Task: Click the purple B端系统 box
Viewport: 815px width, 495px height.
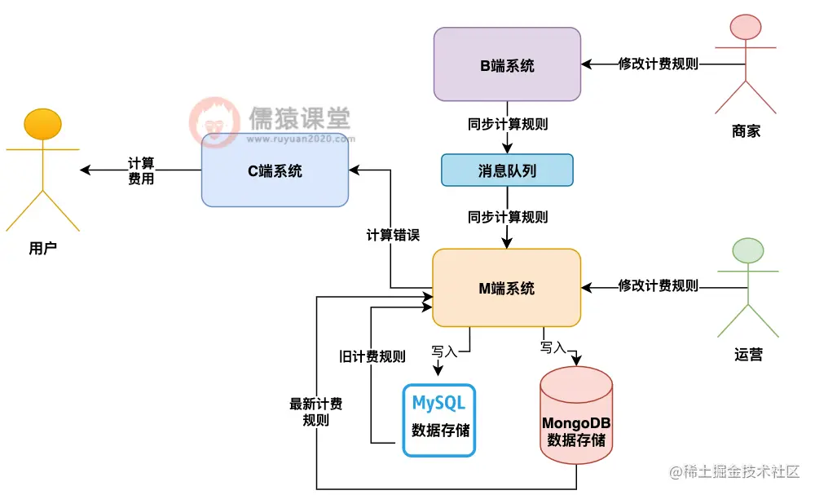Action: tap(506, 64)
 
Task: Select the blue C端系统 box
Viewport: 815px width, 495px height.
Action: tap(275, 170)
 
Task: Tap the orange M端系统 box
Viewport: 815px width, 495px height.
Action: tap(506, 287)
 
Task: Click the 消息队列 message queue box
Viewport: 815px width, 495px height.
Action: tap(506, 170)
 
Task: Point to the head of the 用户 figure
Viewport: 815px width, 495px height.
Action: tap(43, 124)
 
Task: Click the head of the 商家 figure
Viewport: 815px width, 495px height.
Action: tap(747, 28)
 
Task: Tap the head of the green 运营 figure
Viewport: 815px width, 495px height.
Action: tap(748, 250)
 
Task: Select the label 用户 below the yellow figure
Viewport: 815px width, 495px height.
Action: tap(42, 249)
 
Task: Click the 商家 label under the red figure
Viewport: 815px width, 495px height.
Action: tap(747, 130)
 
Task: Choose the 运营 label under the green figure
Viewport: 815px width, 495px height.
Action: tap(748, 355)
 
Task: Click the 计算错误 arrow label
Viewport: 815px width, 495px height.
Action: tap(393, 235)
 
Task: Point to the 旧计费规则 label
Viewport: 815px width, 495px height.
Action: tap(372, 356)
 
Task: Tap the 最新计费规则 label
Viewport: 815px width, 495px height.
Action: tap(315, 412)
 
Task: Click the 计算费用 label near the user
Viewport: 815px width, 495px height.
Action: tap(141, 170)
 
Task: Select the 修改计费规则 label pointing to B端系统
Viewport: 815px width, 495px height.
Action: tap(658, 64)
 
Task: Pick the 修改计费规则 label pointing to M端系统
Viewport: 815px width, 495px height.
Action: tap(658, 286)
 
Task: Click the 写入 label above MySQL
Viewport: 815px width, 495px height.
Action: tap(445, 351)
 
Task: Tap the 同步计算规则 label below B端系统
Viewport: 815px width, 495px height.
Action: tap(508, 125)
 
